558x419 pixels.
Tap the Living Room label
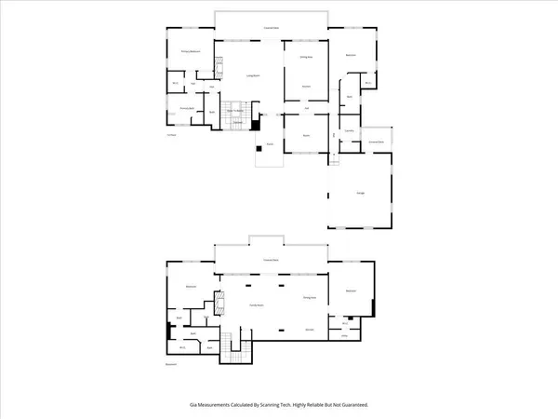pyautogui.click(x=251, y=75)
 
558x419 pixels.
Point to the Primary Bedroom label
pyautogui.click(x=191, y=52)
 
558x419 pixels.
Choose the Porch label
pyautogui.click(x=270, y=144)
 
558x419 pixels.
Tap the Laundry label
pyautogui.click(x=350, y=131)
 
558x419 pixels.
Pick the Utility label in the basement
pyautogui.click(x=344, y=338)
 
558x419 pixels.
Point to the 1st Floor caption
pyautogui.click(x=171, y=136)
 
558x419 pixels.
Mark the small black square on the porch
pyautogui.click(x=259, y=147)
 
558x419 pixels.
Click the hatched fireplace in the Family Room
pyautogui.click(x=220, y=305)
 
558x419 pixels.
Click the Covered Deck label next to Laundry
pyautogui.click(x=377, y=141)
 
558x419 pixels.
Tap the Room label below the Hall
pyautogui.click(x=305, y=136)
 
